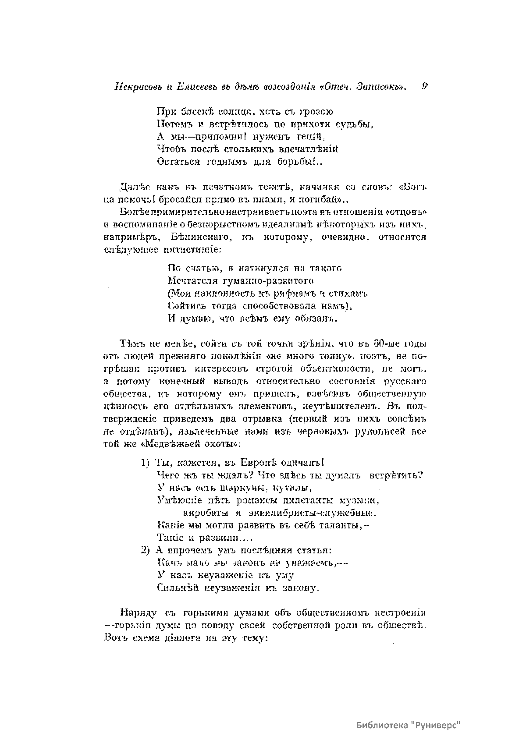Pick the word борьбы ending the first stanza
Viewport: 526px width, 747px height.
(x=298, y=161)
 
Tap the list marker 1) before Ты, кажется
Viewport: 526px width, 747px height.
(x=146, y=463)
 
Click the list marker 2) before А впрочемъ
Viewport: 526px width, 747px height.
(x=146, y=550)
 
